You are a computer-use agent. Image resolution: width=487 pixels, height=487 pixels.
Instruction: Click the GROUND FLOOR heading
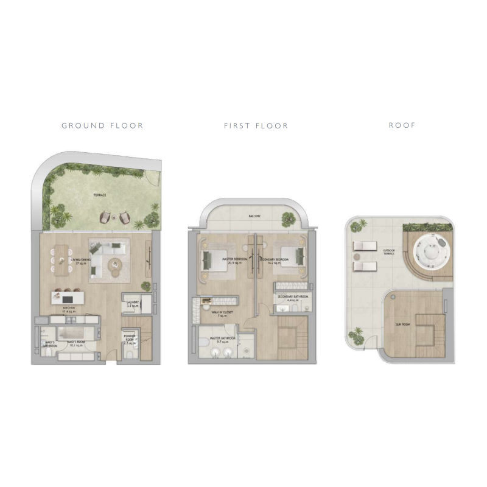(102, 126)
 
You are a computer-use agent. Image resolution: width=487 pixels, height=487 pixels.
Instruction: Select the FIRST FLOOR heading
(256, 126)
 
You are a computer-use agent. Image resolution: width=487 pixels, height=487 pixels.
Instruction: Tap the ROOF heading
(402, 126)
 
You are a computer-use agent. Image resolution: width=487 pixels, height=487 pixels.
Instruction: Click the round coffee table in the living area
(115, 265)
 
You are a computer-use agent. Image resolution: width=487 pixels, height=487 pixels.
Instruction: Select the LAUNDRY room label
(133, 303)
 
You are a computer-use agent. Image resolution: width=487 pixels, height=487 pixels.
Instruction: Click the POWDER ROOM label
(129, 339)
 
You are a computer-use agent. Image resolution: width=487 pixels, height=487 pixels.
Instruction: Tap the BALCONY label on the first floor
(255, 216)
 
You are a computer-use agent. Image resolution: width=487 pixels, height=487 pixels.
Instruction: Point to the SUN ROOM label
(402, 325)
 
